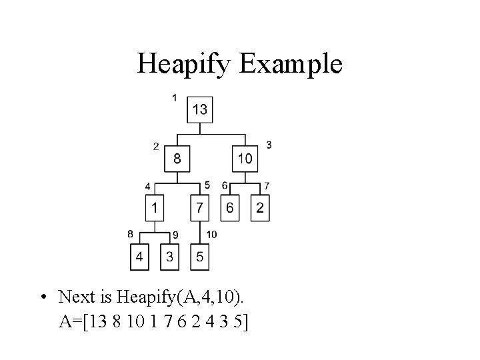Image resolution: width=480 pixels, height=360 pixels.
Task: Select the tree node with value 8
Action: point(177,159)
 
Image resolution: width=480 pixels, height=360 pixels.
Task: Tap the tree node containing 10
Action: point(245,159)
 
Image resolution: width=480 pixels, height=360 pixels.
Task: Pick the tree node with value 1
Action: point(155,209)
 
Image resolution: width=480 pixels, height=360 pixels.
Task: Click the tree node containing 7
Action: point(200,209)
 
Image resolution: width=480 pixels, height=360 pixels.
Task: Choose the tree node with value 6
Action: point(229,209)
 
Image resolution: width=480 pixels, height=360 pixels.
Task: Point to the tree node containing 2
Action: point(260,209)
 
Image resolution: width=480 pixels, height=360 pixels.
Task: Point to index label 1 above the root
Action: point(175,98)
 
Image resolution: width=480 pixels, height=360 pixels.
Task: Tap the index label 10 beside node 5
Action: point(211,234)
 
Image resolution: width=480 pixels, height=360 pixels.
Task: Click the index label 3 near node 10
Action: point(268,145)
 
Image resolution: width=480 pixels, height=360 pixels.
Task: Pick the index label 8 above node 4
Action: point(131,233)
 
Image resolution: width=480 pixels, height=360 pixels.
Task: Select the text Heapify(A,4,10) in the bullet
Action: point(171,297)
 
